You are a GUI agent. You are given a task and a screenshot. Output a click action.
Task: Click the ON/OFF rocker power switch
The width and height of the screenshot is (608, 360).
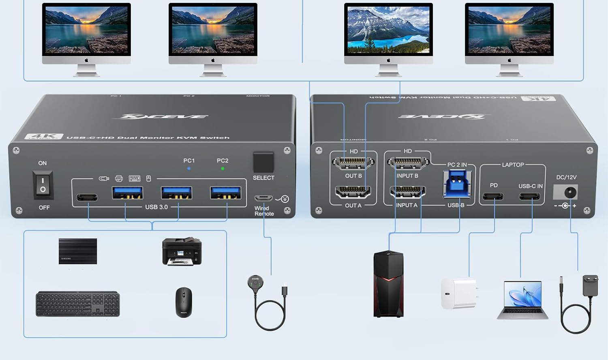[x=43, y=185]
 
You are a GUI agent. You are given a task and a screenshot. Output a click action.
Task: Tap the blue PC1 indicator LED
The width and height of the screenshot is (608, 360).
[x=189, y=168]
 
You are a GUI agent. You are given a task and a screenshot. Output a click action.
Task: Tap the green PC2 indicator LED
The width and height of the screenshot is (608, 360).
[x=223, y=168]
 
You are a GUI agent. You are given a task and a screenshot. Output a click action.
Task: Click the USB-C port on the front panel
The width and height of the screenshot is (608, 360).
[x=87, y=197]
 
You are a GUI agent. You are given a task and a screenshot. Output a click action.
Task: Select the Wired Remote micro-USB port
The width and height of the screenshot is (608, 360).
[x=263, y=198]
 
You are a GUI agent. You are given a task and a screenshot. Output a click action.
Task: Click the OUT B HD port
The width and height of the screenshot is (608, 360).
[x=353, y=163]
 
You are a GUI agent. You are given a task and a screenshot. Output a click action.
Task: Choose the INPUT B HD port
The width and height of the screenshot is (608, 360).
[x=408, y=163]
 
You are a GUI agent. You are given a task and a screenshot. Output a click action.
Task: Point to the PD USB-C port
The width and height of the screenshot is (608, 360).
[x=493, y=197]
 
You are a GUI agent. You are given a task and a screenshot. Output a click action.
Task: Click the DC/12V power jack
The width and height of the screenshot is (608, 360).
[x=570, y=192]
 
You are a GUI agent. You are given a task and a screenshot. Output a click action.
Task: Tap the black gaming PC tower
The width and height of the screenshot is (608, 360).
[x=388, y=284]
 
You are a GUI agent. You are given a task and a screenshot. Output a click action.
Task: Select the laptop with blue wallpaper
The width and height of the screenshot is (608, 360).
[x=522, y=300]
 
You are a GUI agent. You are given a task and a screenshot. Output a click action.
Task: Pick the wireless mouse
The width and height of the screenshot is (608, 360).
[x=184, y=302]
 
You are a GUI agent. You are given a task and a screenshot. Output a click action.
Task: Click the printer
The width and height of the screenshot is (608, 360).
[x=182, y=251]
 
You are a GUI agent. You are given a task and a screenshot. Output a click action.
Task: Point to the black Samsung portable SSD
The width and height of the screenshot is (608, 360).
[x=78, y=251]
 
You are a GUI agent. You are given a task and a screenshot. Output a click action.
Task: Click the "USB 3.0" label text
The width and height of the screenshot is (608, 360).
[x=156, y=207]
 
